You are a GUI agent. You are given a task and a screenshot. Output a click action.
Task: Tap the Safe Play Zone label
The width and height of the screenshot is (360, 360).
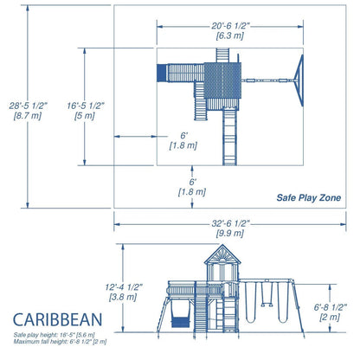pos(308,198)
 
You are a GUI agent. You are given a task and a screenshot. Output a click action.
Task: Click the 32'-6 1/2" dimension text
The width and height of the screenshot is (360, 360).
pos(227,222)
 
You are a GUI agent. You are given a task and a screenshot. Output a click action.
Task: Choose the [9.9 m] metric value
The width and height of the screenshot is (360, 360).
pos(227,234)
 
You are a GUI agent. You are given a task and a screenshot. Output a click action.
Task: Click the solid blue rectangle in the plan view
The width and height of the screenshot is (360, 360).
pos(161,73)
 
